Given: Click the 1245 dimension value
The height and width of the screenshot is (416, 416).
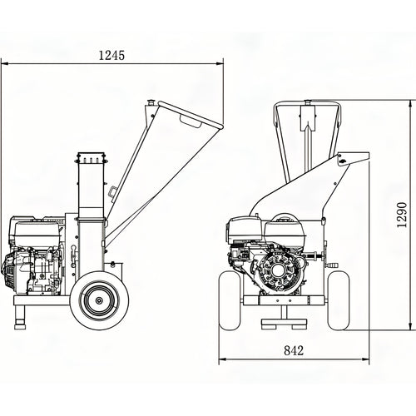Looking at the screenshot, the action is [x=111, y=55].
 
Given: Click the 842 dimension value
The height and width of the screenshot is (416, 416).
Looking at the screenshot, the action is [x=294, y=350].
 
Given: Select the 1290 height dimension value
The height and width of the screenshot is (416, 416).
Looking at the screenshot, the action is [x=402, y=215].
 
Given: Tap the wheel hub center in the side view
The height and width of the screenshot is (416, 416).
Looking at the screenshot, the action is [x=99, y=300].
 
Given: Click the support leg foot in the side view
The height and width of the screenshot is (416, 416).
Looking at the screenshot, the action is [x=21, y=324].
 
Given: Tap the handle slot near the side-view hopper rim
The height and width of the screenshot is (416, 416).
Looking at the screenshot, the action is [x=191, y=121].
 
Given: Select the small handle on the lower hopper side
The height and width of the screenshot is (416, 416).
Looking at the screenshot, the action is [x=113, y=192].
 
